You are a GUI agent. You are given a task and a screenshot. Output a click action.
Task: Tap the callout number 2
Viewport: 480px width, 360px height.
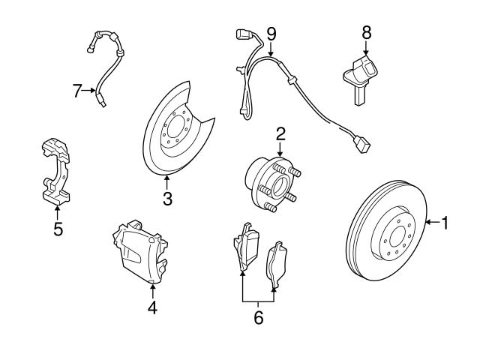point(280,134)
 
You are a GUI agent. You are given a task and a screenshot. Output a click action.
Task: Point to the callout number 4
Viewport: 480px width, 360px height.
point(152,307)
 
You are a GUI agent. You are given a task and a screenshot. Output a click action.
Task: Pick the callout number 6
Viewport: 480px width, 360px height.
point(259,317)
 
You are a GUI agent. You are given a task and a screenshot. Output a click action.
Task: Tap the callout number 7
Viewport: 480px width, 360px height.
point(77,91)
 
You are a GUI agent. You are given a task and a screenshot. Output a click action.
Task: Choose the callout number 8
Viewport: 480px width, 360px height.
point(366,32)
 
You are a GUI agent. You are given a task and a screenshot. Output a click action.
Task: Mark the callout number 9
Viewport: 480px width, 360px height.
point(271,33)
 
